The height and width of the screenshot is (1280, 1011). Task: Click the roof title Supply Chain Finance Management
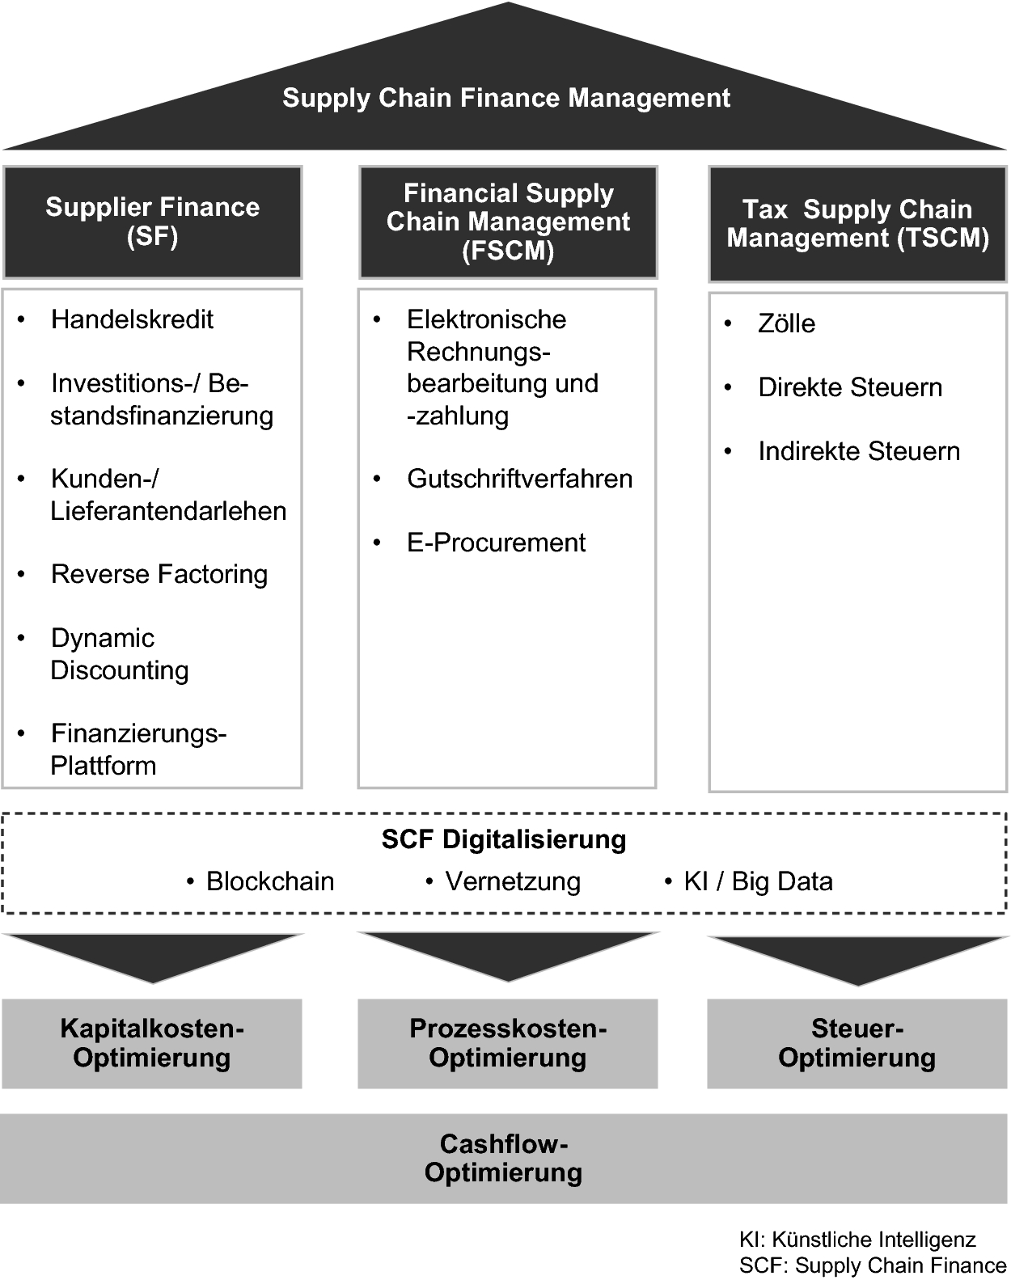(505, 98)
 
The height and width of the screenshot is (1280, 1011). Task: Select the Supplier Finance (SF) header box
(152, 222)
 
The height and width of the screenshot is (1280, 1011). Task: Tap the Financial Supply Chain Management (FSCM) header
(508, 222)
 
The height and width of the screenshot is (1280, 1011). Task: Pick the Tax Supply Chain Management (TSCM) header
(857, 223)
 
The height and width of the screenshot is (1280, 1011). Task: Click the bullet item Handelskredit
(132, 319)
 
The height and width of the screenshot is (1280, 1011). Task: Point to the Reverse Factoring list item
(159, 574)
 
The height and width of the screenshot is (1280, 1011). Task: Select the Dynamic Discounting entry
(119, 654)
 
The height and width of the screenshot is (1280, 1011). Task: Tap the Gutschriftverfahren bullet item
(519, 479)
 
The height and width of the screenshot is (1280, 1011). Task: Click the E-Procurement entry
(496, 543)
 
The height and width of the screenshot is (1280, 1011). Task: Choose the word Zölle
(786, 323)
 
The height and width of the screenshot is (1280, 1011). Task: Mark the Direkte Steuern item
(850, 387)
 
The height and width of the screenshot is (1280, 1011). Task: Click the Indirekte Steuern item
(859, 451)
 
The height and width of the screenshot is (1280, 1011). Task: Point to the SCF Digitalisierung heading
(504, 839)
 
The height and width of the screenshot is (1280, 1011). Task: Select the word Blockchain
(270, 881)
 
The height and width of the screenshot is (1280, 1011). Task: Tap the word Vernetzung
(513, 881)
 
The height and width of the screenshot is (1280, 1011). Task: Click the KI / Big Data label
(758, 881)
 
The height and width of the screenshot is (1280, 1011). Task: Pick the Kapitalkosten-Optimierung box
(152, 1043)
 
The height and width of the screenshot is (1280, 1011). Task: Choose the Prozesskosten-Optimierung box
(508, 1043)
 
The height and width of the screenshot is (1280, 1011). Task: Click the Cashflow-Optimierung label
(504, 1158)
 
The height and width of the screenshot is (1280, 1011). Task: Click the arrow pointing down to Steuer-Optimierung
(857, 958)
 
